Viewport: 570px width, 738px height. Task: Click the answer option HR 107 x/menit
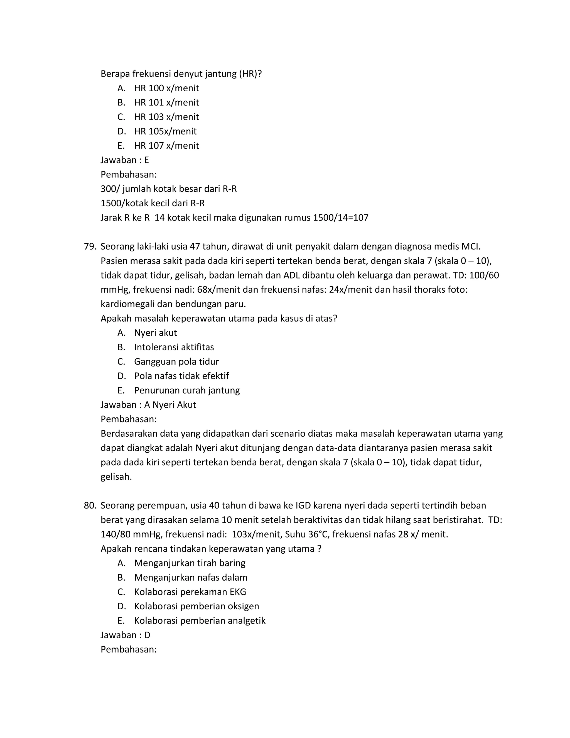click(x=166, y=146)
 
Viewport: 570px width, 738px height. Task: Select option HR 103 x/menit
click(x=166, y=117)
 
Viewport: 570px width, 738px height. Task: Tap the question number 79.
click(x=90, y=246)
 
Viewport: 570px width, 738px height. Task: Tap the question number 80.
click(x=90, y=505)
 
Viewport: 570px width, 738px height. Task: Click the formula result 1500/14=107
click(x=340, y=218)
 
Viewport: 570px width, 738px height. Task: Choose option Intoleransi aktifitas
click(x=174, y=347)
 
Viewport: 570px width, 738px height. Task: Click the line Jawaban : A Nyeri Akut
click(x=148, y=405)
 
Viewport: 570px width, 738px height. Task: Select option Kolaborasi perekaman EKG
click(x=190, y=592)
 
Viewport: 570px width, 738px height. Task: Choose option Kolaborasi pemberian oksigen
click(x=196, y=606)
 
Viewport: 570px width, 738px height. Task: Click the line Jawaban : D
click(x=125, y=635)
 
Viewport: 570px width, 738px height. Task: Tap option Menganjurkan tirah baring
click(x=190, y=563)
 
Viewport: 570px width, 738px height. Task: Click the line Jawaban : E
click(x=125, y=160)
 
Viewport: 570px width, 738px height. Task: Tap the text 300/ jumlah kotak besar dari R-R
click(x=168, y=189)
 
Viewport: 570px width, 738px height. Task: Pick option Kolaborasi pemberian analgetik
click(x=200, y=621)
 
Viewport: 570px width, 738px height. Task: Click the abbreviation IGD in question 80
click(x=303, y=505)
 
